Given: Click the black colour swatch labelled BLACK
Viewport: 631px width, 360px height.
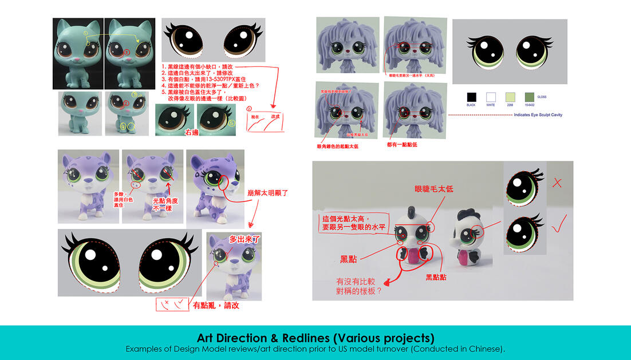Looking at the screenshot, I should click(471, 97).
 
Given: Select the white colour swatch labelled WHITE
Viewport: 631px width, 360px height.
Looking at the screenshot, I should click(490, 97).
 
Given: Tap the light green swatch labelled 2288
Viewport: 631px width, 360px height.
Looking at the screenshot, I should click(510, 97).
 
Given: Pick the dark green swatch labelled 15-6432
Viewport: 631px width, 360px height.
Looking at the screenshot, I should click(529, 97).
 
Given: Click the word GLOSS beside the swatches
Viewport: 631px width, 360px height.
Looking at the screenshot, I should click(542, 97).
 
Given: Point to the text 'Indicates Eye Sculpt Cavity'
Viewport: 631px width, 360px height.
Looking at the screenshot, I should click(538, 115).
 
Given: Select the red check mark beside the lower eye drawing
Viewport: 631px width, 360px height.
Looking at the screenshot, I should click(556, 229).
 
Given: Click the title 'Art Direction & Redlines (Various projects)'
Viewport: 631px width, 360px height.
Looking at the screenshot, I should click(315, 337).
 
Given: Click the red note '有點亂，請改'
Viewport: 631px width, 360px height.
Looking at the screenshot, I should click(216, 305).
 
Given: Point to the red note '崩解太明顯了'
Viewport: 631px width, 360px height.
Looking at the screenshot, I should click(269, 193).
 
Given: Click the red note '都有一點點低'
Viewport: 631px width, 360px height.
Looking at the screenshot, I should click(402, 145).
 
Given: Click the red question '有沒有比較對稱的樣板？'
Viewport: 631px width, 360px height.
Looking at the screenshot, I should click(359, 286).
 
